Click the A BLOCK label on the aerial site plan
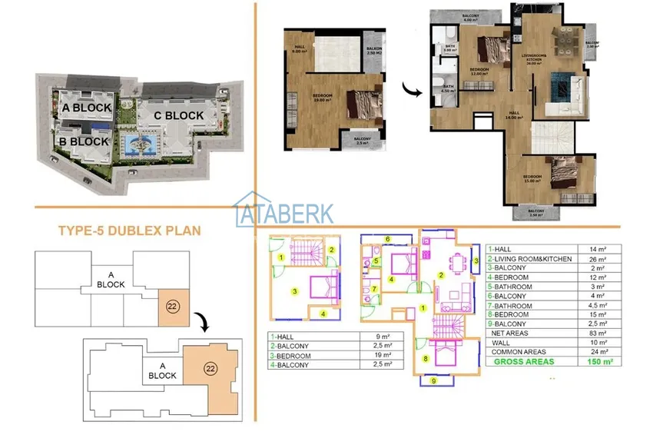(87, 108)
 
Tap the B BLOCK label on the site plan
(84, 141)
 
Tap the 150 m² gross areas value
(594, 361)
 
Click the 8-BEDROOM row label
(512, 314)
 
